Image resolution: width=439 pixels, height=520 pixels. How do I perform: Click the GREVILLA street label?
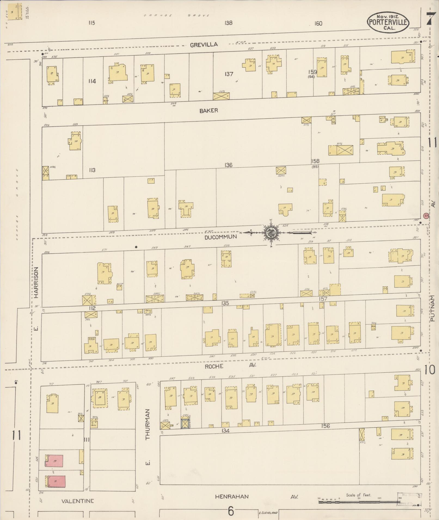tap(204, 45)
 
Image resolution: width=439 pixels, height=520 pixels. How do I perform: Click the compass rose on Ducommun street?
tap(271, 233)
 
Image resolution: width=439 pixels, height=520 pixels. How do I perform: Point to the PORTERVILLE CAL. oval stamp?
tap(388, 22)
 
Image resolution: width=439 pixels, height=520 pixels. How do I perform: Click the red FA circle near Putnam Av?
tap(426, 216)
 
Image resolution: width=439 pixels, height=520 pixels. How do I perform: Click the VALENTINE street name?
tap(78, 501)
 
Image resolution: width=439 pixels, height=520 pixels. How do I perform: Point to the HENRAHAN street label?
tap(232, 497)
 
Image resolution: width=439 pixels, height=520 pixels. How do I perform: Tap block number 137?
tap(229, 74)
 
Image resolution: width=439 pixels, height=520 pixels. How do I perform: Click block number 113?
tap(92, 170)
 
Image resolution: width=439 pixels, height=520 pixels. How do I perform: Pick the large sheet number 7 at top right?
tap(430, 18)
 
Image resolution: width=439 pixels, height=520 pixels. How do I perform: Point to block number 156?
tap(325, 426)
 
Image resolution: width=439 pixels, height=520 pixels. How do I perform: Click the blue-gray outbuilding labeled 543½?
tap(185, 424)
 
